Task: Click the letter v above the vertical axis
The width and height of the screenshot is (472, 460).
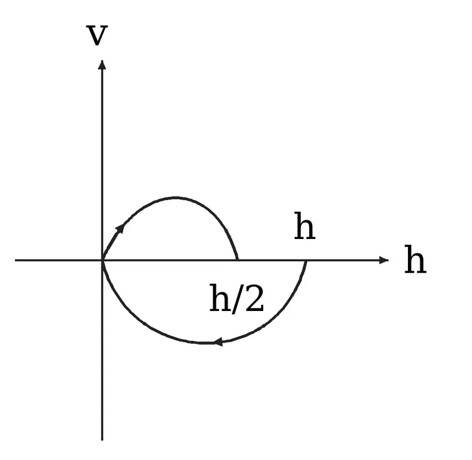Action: point(97,36)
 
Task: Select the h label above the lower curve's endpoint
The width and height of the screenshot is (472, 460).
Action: point(305,226)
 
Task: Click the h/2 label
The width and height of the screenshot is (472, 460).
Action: point(236,299)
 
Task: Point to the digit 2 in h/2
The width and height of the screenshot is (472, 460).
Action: point(255,299)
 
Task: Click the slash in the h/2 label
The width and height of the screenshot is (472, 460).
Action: point(238,299)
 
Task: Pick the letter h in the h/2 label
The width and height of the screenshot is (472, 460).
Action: point(220,298)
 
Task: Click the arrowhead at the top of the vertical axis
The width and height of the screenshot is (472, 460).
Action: point(103,65)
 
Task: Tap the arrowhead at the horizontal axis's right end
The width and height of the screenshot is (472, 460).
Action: point(384,260)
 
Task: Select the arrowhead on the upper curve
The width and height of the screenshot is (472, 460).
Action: point(120,228)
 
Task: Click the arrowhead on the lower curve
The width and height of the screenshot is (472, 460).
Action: point(218,341)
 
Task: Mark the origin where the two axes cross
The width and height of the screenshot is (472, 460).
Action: point(103,260)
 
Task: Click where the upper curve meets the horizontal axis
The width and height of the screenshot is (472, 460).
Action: point(238,260)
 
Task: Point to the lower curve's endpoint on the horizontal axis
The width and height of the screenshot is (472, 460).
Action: point(307,261)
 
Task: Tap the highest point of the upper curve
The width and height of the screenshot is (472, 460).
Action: point(176,197)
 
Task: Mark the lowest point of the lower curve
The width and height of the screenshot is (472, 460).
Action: point(205,343)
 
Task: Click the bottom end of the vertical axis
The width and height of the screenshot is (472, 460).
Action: point(103,440)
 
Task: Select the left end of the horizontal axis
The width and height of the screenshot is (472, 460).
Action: point(15,260)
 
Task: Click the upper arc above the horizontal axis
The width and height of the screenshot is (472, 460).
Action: point(176,197)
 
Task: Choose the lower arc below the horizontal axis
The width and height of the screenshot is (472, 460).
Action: point(205,343)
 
